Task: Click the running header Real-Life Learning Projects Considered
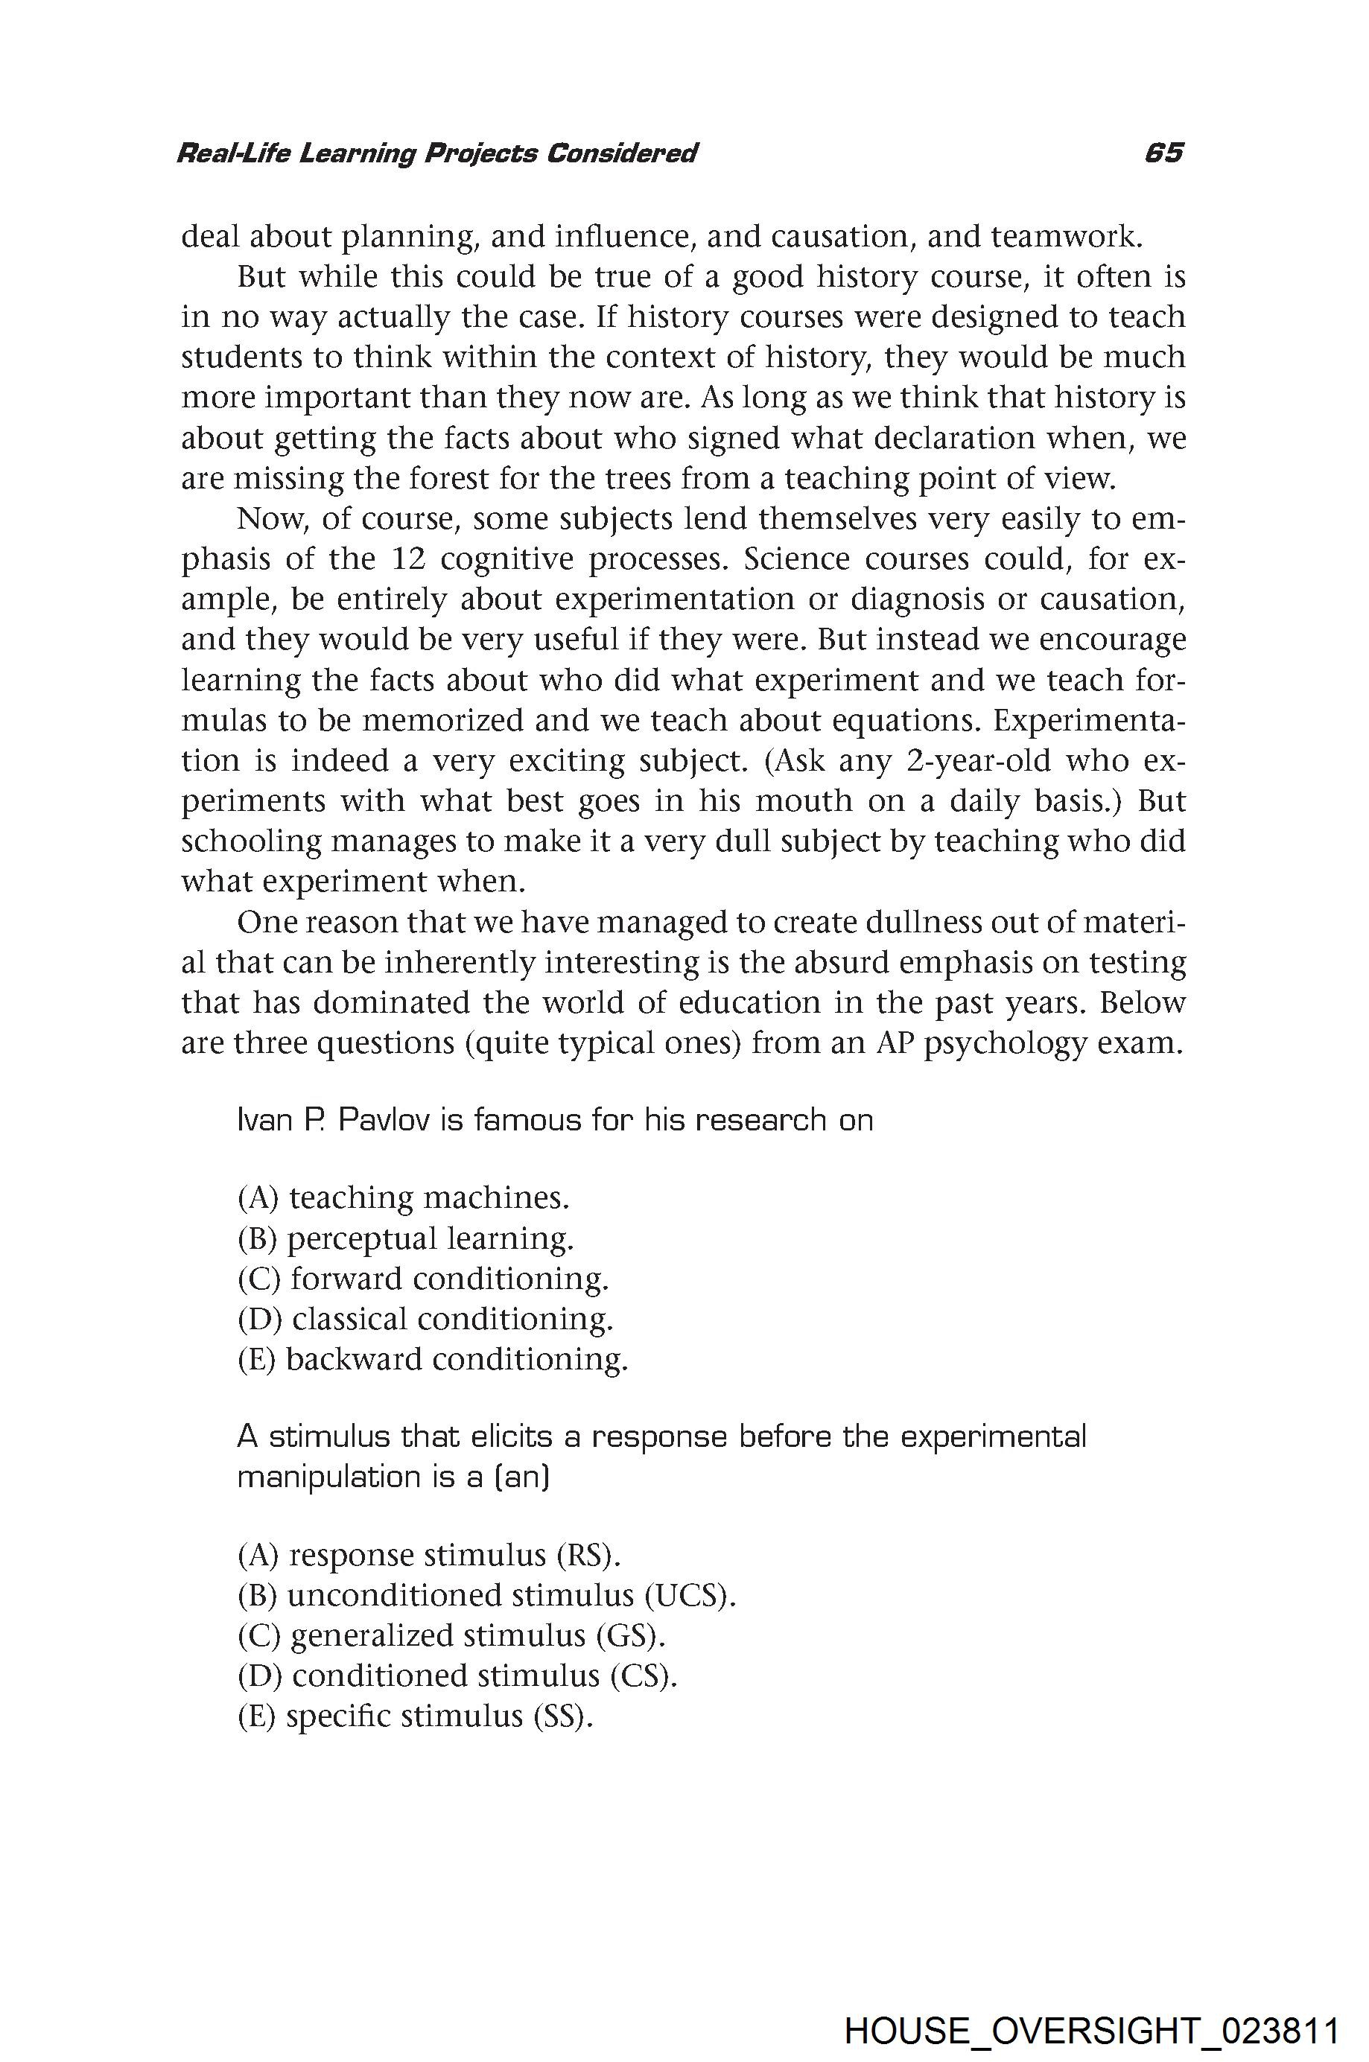pos(436,154)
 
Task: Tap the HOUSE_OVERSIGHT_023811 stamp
pos(1091,2007)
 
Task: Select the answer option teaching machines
pos(404,1197)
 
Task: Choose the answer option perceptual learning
pos(406,1238)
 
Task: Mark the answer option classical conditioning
pos(426,1318)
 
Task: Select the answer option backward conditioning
pos(433,1359)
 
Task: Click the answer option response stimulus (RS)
pos(431,1555)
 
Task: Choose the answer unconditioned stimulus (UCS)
pos(487,1595)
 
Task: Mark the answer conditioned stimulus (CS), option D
pos(457,1676)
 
